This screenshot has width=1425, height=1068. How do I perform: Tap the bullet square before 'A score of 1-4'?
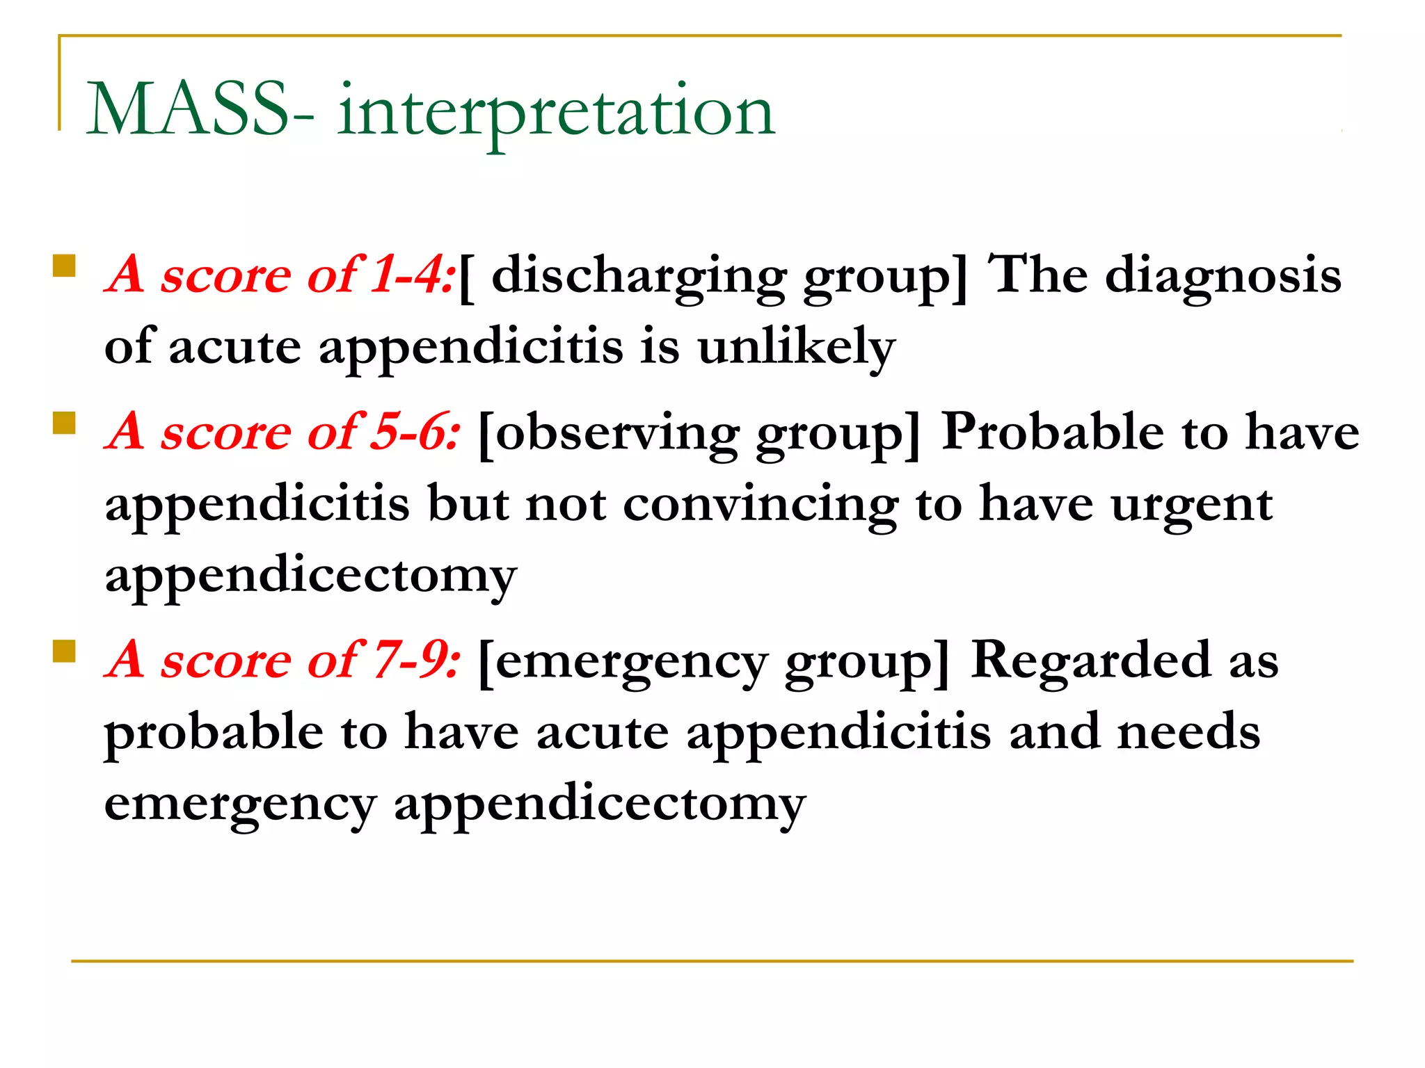[x=64, y=266]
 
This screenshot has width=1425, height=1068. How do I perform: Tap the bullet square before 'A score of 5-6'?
[x=64, y=423]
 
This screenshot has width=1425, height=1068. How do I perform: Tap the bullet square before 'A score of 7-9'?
[x=64, y=651]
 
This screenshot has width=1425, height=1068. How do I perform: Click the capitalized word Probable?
[x=1052, y=432]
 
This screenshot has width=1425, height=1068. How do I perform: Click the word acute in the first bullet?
[x=234, y=346]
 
